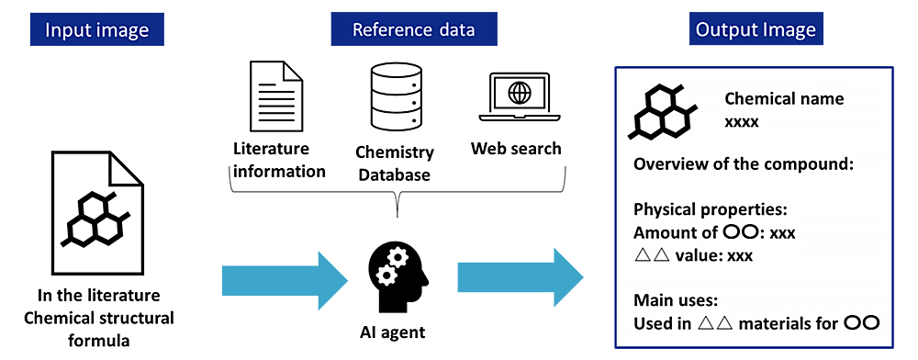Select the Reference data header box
(x=414, y=29)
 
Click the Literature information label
(x=279, y=160)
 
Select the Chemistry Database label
(x=395, y=163)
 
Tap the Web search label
(x=516, y=149)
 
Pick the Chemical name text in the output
(x=784, y=99)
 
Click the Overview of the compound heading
(x=744, y=165)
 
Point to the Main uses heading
(x=677, y=299)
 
